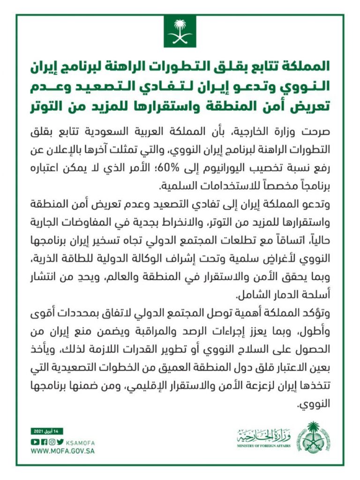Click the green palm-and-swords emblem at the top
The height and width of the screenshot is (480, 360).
point(180,31)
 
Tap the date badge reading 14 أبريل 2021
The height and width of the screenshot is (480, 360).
point(47,431)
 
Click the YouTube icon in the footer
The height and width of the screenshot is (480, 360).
point(34,441)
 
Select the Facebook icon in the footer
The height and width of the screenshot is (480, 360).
point(44,441)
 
